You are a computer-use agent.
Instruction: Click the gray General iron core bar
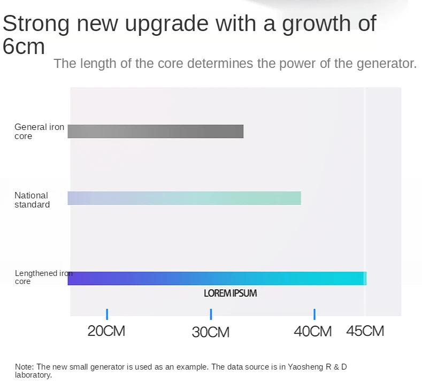[155, 131]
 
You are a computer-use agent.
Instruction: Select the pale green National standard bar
[184, 198]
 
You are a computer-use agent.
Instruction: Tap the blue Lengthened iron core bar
[217, 278]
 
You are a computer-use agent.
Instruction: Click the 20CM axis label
[106, 331]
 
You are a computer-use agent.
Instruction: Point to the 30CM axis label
[211, 332]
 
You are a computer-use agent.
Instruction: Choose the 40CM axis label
[313, 332]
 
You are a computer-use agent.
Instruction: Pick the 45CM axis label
[365, 331]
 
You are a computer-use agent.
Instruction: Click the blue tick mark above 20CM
[107, 314]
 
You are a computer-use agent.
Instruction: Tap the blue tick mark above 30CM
[211, 314]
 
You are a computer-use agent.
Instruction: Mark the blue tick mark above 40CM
[314, 314]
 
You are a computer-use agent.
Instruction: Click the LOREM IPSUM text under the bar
[231, 293]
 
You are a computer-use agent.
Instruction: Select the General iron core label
[39, 132]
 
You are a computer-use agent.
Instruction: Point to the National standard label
[32, 200]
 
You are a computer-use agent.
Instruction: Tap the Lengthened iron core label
[43, 277]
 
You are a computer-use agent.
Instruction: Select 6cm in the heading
[24, 47]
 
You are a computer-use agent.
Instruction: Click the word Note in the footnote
[24, 367]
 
